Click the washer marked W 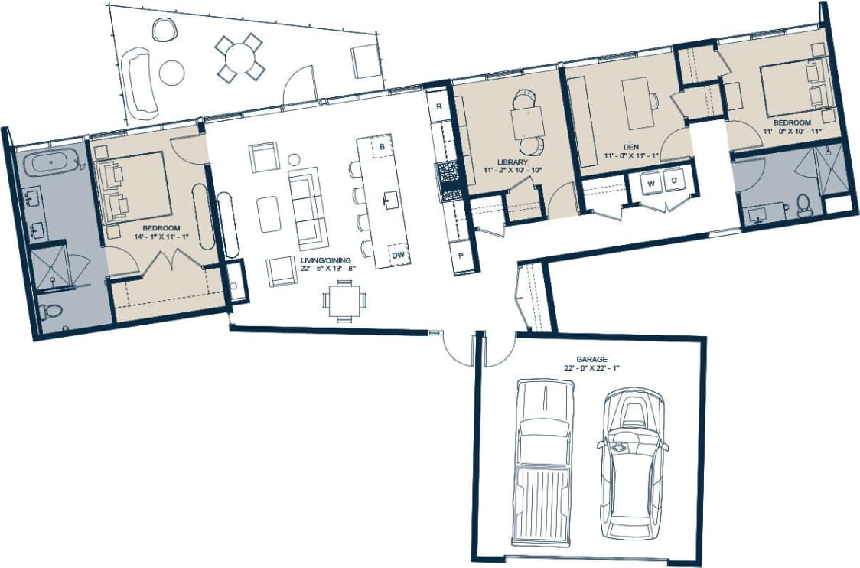651,182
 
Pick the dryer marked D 674,181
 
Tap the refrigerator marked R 439,107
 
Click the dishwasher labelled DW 398,256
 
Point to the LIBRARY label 511,162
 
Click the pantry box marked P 462,256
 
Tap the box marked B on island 382,145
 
